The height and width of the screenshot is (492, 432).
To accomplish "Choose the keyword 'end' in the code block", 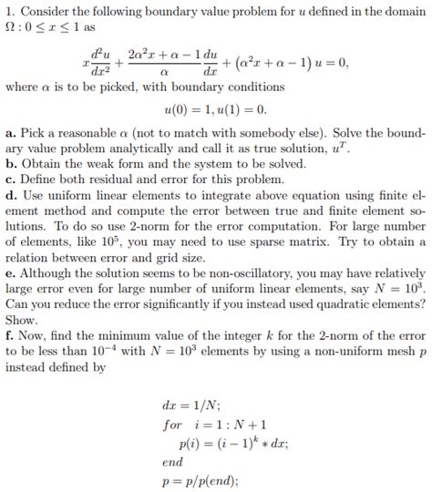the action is [x=172, y=462].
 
